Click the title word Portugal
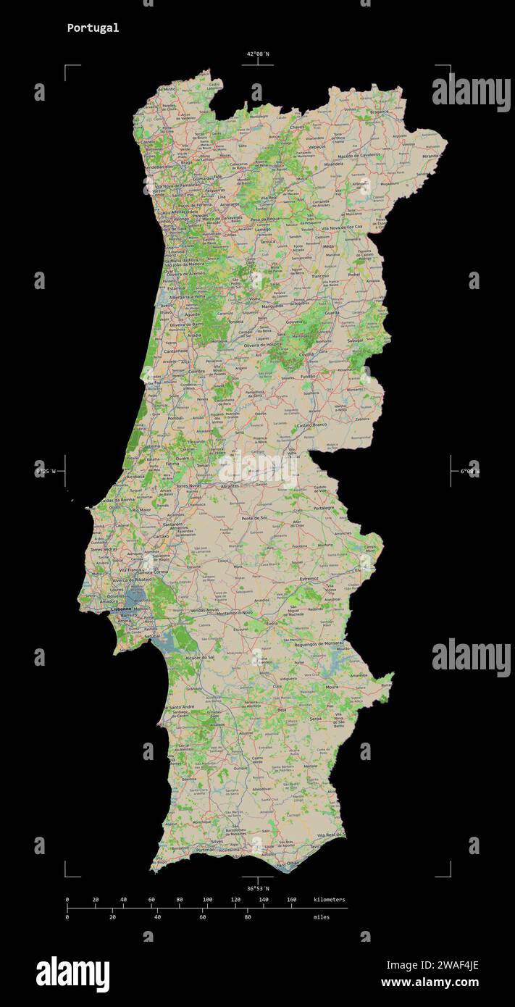(93, 28)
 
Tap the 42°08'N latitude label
(257, 54)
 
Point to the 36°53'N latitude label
(257, 888)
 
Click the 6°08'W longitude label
(469, 472)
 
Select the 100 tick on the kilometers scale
(207, 900)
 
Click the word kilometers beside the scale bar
(330, 900)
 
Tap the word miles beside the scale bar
(321, 917)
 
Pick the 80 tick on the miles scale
(248, 917)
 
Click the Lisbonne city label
(121, 610)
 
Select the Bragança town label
(379, 113)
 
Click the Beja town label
(282, 711)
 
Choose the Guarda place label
(353, 313)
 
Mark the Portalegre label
(323, 508)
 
